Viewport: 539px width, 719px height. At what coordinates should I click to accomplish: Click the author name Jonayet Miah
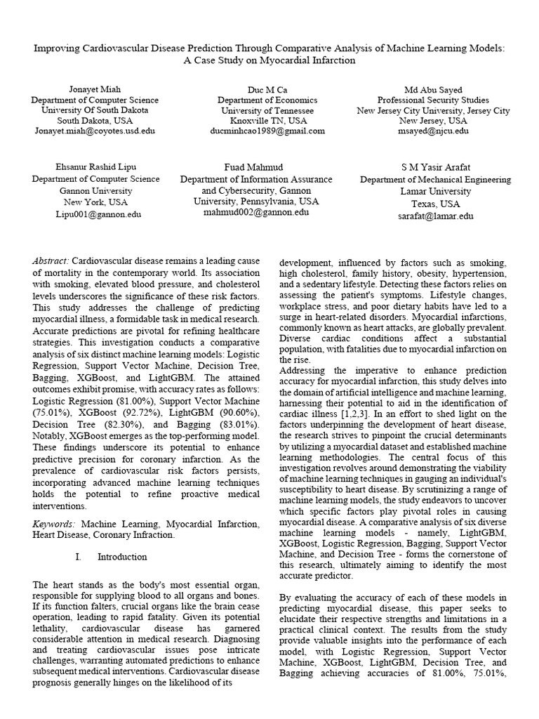pyautogui.click(x=95, y=90)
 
